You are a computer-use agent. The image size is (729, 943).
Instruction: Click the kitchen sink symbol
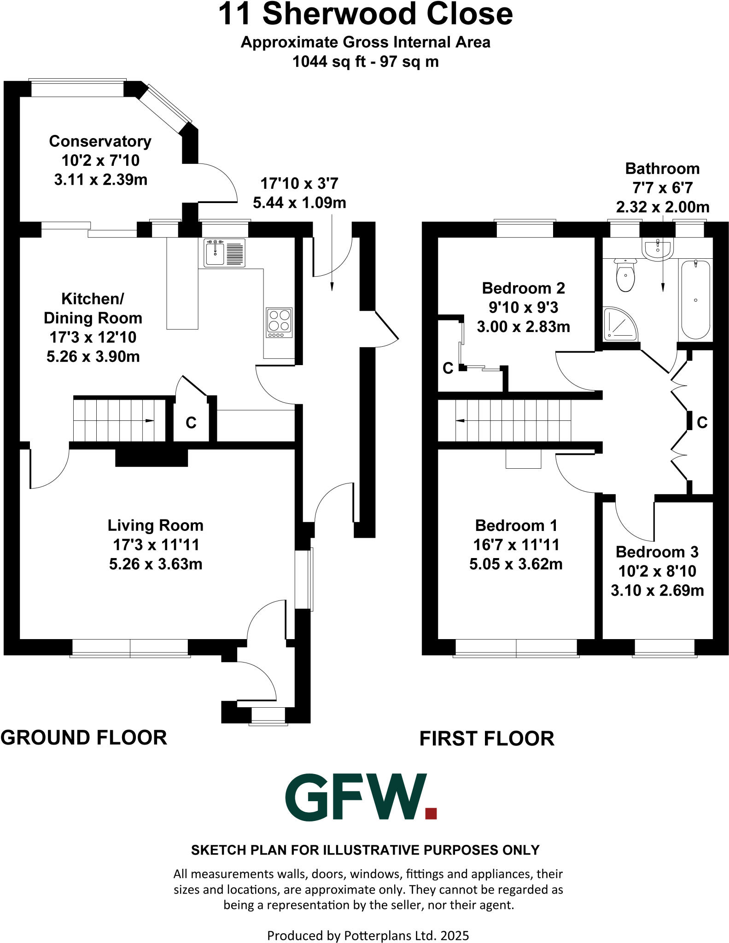click(x=224, y=253)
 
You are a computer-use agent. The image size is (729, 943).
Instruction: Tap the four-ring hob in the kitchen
click(x=279, y=321)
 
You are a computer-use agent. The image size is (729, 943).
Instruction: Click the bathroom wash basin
click(x=658, y=249)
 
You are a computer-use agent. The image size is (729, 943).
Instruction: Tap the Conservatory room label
click(x=100, y=141)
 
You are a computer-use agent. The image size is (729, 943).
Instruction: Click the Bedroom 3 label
click(x=657, y=552)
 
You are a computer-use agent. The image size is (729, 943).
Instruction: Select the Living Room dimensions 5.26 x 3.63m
click(x=156, y=564)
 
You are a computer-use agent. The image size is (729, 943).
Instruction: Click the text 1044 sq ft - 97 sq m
click(x=365, y=62)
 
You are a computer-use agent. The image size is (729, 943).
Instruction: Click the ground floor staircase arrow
click(x=149, y=420)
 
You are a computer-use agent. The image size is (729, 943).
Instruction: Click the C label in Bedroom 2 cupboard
click(x=448, y=368)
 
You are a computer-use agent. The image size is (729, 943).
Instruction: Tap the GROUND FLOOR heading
click(x=84, y=738)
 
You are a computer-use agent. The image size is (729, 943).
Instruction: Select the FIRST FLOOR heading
click(x=487, y=739)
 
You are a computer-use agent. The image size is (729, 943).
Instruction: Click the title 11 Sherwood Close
click(x=365, y=14)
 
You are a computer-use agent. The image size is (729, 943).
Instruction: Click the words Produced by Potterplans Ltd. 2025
click(x=368, y=936)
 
